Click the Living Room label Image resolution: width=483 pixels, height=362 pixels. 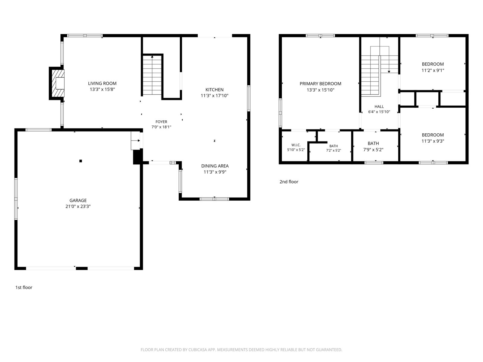pyautogui.click(x=102, y=84)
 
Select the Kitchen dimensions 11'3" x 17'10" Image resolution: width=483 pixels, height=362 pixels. pyautogui.click(x=214, y=96)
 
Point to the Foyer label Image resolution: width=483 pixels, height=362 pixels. pyautogui.click(x=161, y=122)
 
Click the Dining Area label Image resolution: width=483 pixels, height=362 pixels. pyautogui.click(x=215, y=166)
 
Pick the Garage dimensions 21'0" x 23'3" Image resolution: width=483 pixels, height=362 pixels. pyautogui.click(x=78, y=206)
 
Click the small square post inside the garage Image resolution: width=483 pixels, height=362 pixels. pyautogui.click(x=81, y=161)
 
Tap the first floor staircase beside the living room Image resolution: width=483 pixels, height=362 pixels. pyautogui.click(x=152, y=75)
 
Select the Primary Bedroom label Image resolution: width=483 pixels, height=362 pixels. pyautogui.click(x=320, y=84)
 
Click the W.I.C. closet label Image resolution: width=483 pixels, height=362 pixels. pyautogui.click(x=296, y=145)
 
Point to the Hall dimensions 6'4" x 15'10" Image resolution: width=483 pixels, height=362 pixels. pyautogui.click(x=379, y=112)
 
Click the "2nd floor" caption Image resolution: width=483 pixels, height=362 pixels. pyautogui.click(x=289, y=182)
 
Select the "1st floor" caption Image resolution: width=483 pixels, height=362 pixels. pyautogui.click(x=24, y=287)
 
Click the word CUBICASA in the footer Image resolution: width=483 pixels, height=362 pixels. pyautogui.click(x=198, y=350)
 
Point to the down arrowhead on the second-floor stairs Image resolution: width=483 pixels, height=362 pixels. pyautogui.click(x=389, y=72)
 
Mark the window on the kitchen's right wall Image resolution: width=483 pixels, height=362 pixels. pyautogui.click(x=249, y=98)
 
